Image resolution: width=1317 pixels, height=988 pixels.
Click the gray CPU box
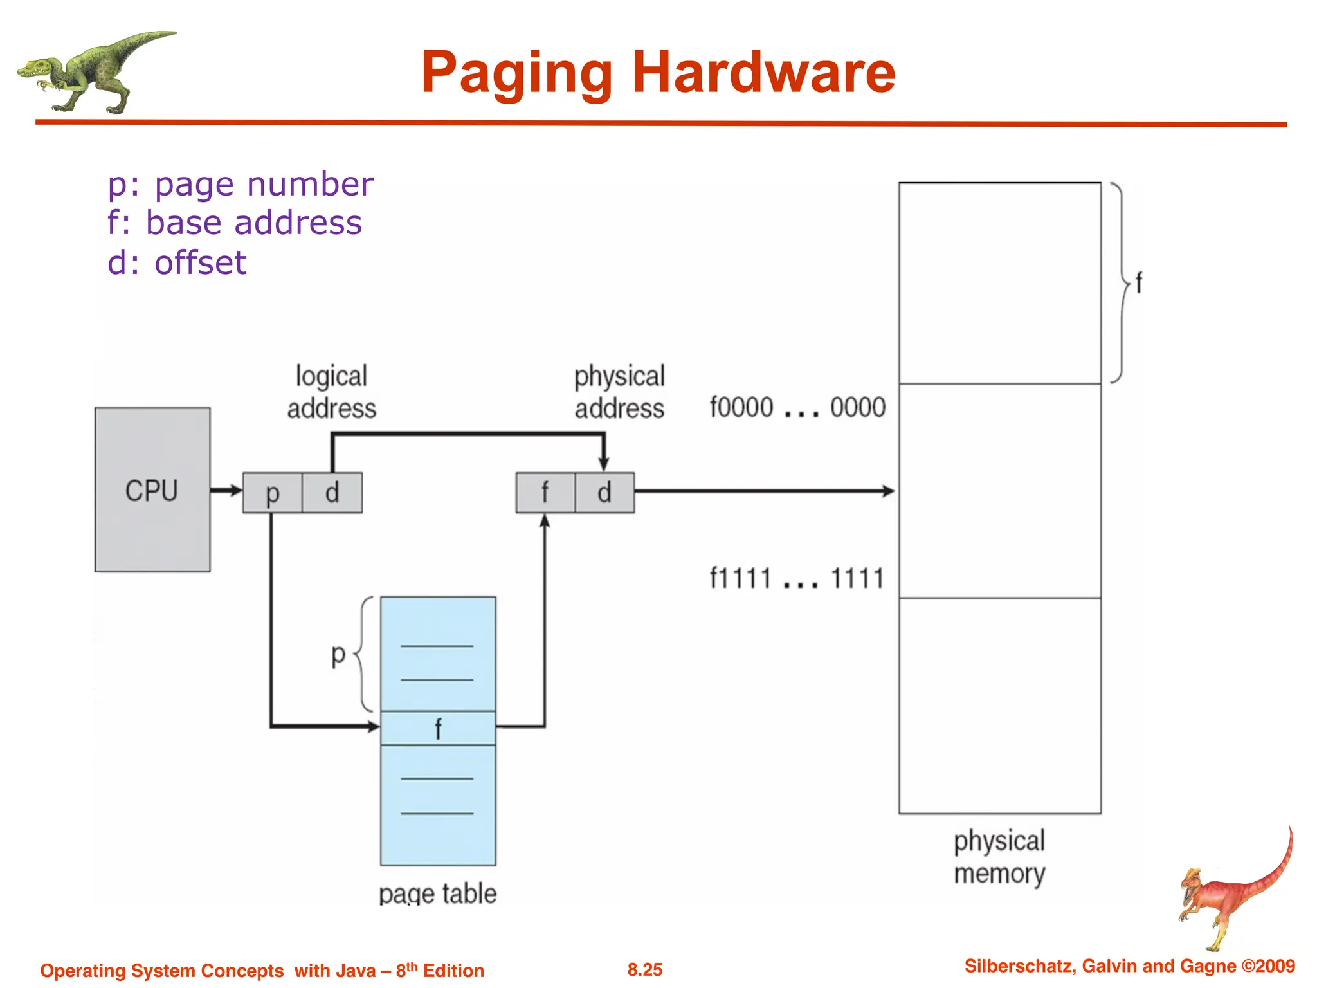[152, 489]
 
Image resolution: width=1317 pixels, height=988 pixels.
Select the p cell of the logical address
[272, 493]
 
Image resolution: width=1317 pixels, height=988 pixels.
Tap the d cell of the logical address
[332, 493]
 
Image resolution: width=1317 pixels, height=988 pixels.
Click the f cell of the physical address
[545, 493]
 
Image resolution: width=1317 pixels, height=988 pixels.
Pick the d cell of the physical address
[604, 493]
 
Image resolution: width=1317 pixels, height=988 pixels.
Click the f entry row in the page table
[438, 728]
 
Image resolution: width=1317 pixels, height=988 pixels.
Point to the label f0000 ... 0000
[797, 408]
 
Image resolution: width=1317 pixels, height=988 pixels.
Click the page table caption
[438, 893]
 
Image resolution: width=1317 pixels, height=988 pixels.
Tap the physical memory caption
[999, 857]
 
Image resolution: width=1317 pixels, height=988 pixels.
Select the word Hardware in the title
[763, 72]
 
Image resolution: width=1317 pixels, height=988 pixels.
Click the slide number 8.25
[645, 969]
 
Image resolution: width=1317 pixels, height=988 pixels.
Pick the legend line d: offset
[177, 262]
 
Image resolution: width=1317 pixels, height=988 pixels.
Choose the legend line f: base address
[235, 223]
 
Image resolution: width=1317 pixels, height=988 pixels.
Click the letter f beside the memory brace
[1139, 283]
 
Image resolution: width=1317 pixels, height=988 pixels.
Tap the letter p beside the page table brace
[338, 655]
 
